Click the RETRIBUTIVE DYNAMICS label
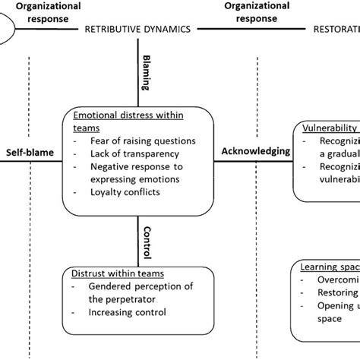pyautogui.click(x=137, y=30)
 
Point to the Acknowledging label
pyautogui.click(x=256, y=151)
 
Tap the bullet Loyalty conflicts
pyautogui.click(x=124, y=192)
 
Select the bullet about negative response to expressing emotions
pyautogui.click(x=138, y=173)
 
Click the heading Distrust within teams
pyautogui.click(x=118, y=273)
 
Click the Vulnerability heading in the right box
pyautogui.click(x=330, y=128)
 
